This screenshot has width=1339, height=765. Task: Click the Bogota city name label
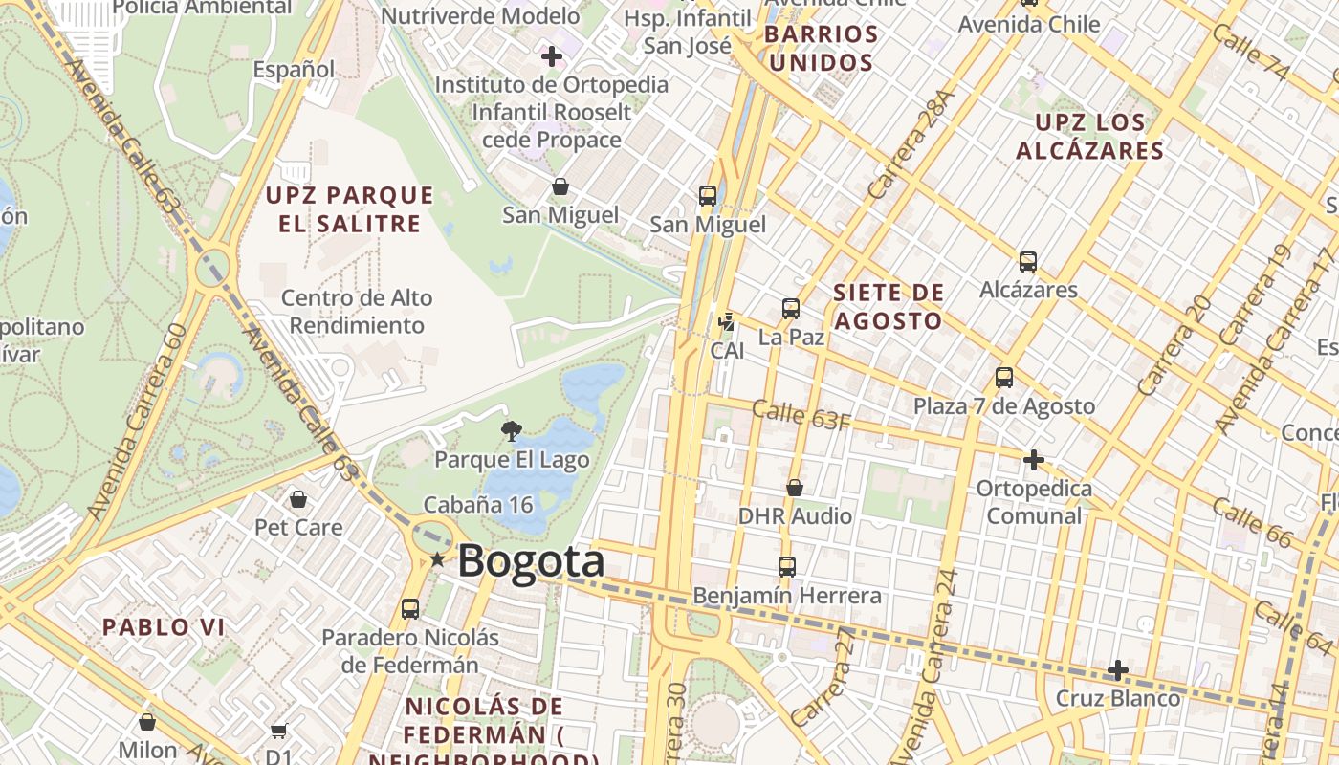[x=531, y=561]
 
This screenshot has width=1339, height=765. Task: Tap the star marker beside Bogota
[x=437, y=559]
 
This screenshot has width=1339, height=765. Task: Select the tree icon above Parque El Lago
[x=512, y=431]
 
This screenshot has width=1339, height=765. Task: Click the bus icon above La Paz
[x=791, y=309]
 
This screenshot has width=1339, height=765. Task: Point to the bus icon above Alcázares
[x=1028, y=262]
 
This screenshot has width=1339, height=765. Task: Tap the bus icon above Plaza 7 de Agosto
[x=1004, y=378]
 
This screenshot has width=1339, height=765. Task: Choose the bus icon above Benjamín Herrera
[x=787, y=567]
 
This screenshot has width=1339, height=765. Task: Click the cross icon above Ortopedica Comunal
[x=1034, y=460]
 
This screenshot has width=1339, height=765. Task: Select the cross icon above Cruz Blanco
[x=1117, y=670]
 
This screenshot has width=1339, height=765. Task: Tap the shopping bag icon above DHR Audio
[x=795, y=489]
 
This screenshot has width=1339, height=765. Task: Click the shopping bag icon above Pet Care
[x=298, y=499]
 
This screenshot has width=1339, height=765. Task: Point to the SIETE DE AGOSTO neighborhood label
[x=889, y=307]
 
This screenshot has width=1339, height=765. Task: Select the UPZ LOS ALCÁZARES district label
[x=1090, y=137]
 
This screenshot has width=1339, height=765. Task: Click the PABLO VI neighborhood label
[x=164, y=627]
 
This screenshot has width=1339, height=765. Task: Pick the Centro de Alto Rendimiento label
[x=357, y=312]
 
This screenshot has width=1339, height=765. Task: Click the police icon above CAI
[x=727, y=322]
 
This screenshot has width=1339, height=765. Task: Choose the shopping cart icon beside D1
[x=278, y=732]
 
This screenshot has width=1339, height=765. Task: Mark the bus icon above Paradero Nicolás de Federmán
[x=410, y=609]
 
